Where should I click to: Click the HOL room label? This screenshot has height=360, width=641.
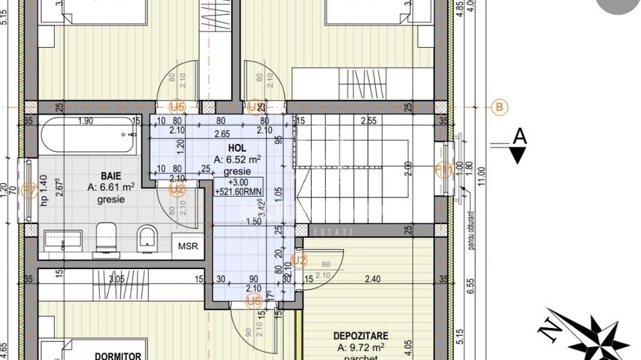pos(236,148)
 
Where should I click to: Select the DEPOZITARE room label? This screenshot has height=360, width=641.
pos(362,336)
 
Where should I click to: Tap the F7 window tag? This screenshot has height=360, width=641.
pos(28,192)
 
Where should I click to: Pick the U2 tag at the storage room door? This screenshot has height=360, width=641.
pos(299,260)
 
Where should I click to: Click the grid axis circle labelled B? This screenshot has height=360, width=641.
pos(500,107)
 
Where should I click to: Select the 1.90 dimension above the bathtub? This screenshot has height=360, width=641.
pos(85,121)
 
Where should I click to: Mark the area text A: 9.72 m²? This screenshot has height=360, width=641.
pos(361,348)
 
